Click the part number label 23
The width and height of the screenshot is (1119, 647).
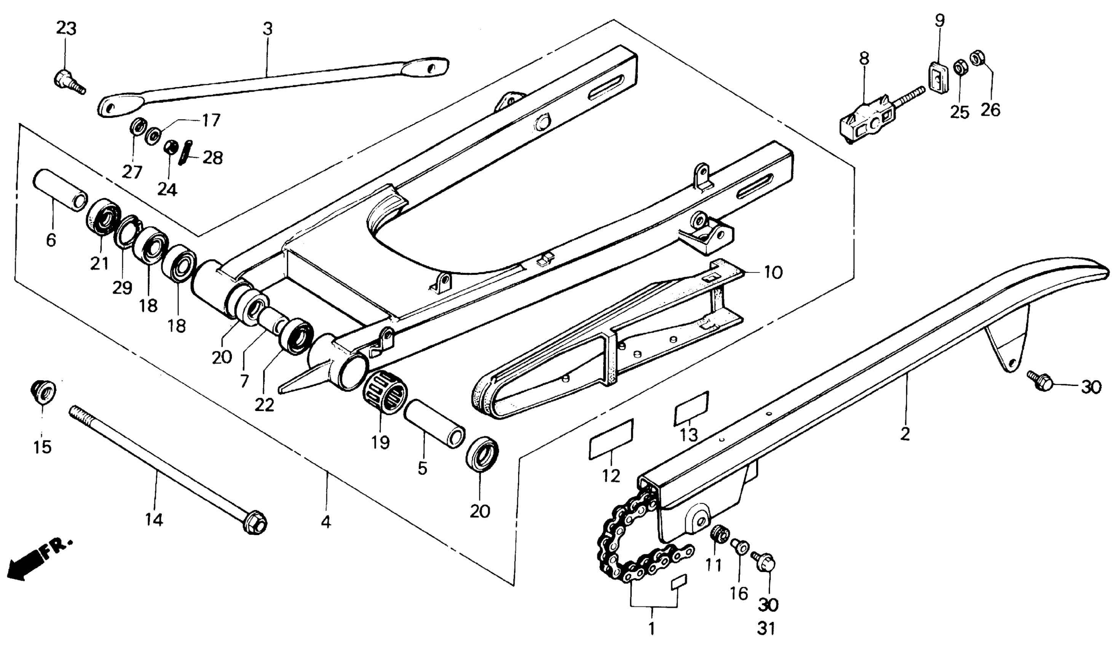(66, 29)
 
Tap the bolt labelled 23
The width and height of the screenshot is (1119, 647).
(67, 83)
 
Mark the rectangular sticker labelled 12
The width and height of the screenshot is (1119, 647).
(610, 440)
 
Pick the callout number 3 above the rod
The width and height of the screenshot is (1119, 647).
(267, 29)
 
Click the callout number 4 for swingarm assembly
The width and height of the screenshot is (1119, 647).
(326, 522)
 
